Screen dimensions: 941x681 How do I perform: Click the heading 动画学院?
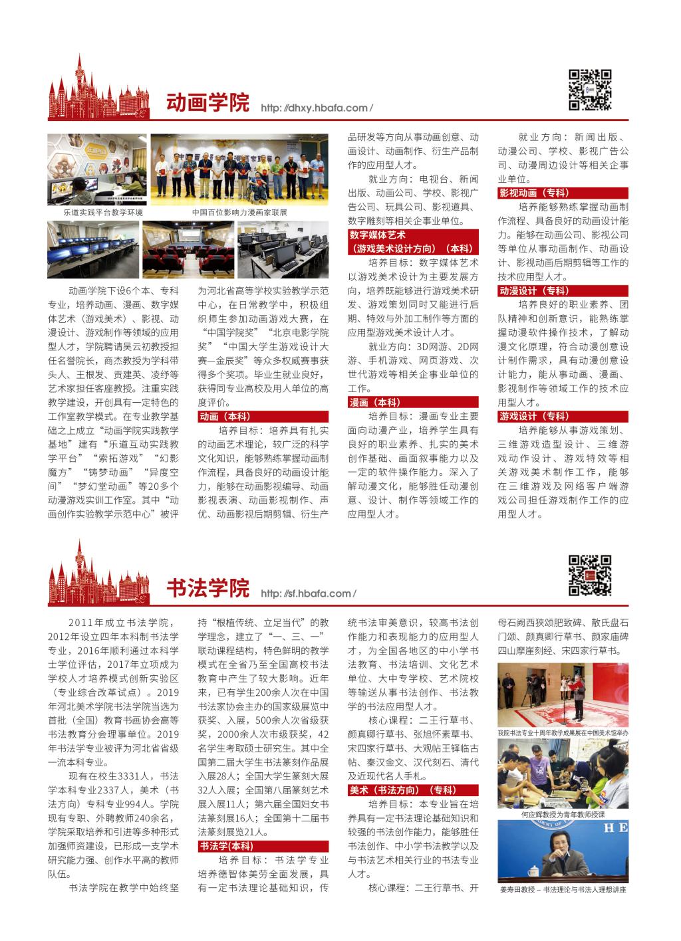(x=207, y=103)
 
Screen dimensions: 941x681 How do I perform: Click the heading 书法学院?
(x=207, y=588)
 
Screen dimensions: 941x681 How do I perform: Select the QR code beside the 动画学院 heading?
(x=590, y=89)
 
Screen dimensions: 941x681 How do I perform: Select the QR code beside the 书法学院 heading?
(x=590, y=575)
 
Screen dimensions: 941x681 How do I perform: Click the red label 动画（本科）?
(x=225, y=416)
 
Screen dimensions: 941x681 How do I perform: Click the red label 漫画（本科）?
(x=373, y=402)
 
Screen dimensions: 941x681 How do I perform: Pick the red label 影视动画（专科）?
(x=533, y=193)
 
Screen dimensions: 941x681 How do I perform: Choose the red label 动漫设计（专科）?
(x=533, y=290)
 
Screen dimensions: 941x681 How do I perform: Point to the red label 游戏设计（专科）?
(x=533, y=416)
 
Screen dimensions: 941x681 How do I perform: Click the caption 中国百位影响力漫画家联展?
(x=239, y=213)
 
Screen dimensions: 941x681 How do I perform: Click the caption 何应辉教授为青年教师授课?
(x=563, y=813)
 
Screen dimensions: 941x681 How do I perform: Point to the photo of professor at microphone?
(x=563, y=851)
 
